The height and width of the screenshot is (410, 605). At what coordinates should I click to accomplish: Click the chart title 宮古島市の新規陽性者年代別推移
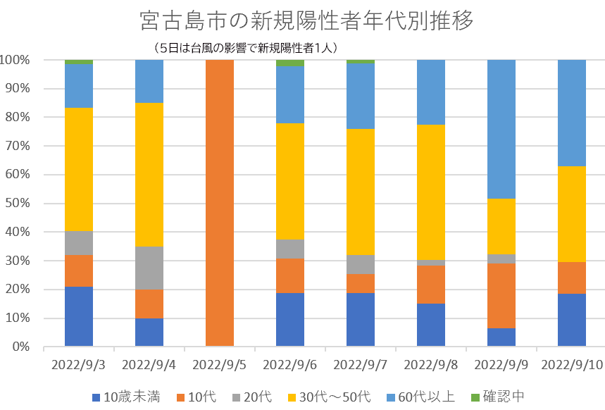(x=306, y=20)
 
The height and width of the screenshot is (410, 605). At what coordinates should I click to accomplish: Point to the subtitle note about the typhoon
(x=246, y=48)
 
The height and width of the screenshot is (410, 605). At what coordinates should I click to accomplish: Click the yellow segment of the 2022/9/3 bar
(x=79, y=169)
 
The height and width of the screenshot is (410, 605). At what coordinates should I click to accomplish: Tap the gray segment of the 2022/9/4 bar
(x=149, y=268)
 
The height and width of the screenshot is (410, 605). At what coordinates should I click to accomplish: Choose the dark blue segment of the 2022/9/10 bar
(x=572, y=320)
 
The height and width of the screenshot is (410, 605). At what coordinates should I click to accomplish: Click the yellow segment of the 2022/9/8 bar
(x=431, y=192)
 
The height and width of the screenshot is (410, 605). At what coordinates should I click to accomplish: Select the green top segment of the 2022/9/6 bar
(x=290, y=63)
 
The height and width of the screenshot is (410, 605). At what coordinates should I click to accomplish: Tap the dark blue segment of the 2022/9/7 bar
(x=361, y=319)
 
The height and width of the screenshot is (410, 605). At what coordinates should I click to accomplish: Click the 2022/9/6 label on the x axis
(x=290, y=365)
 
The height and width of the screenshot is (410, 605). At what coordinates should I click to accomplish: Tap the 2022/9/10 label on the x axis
(x=572, y=365)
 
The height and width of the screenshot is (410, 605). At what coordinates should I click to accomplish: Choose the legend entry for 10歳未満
(x=131, y=397)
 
